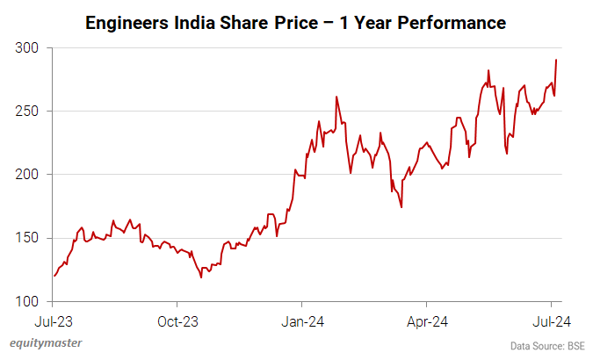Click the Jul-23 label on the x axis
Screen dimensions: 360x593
54,321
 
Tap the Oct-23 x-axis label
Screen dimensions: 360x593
178,321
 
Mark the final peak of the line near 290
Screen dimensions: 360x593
556,60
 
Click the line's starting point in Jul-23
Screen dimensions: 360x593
54,276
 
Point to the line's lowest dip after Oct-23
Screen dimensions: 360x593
201,277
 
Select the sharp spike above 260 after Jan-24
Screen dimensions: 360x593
336,97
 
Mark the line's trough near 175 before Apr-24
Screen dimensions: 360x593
401,207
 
